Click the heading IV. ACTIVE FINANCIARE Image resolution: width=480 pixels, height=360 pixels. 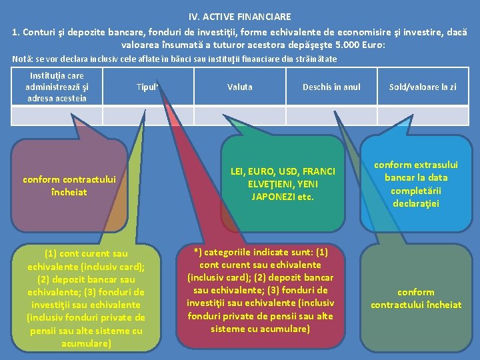pos(239,16)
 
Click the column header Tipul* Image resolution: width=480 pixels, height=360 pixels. pos(147,87)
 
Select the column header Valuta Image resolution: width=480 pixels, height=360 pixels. pos(240,87)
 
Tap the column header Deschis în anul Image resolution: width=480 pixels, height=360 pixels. pos(331,87)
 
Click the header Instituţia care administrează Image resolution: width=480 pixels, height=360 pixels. pos(57,87)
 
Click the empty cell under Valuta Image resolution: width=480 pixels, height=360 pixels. pos(240,117)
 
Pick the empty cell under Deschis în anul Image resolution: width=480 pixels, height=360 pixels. pos(331,117)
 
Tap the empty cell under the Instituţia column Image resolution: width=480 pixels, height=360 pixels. pos(57,117)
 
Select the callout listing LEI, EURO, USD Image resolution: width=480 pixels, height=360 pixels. pos(283,184)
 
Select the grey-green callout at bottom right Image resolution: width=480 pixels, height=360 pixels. pos(415,298)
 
